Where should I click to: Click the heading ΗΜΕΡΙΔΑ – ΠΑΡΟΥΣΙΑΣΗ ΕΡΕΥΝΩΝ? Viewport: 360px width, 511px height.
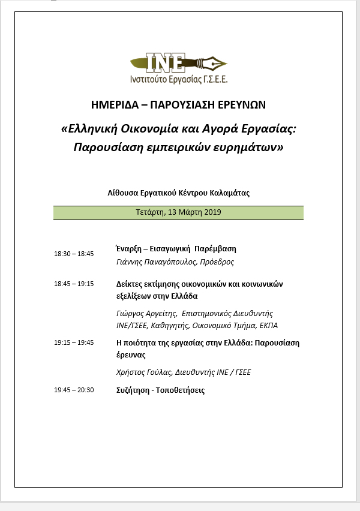pyautogui.click(x=179, y=105)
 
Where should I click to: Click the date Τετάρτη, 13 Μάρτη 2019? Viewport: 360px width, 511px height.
pyautogui.click(x=178, y=212)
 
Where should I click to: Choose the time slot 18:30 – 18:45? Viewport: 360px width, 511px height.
pyautogui.click(x=74, y=254)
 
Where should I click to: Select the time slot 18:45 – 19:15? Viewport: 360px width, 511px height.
pyautogui.click(x=74, y=284)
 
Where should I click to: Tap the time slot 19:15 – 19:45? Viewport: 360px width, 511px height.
pyautogui.click(x=74, y=342)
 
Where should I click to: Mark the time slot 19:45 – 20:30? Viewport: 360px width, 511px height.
pyautogui.click(x=74, y=390)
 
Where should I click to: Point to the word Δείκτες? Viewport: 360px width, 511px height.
pyautogui.click(x=130, y=284)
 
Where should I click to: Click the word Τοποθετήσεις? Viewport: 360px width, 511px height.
pyautogui.click(x=182, y=390)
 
